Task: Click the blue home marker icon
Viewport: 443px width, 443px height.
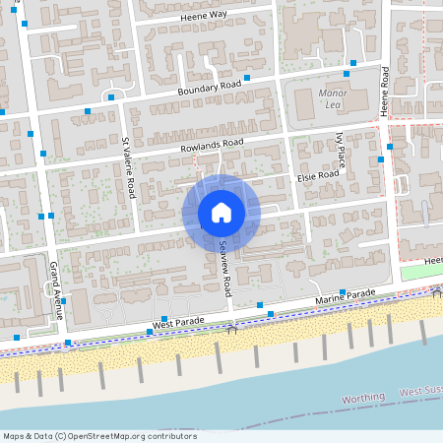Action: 221,212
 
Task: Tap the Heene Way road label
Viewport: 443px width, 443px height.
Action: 204,16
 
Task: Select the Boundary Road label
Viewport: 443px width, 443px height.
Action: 209,88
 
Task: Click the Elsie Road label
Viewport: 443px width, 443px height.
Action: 318,175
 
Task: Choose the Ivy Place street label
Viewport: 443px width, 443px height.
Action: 341,148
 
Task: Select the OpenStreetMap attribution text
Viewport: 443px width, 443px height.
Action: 98,436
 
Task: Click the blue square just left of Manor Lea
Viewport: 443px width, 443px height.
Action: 247,77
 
